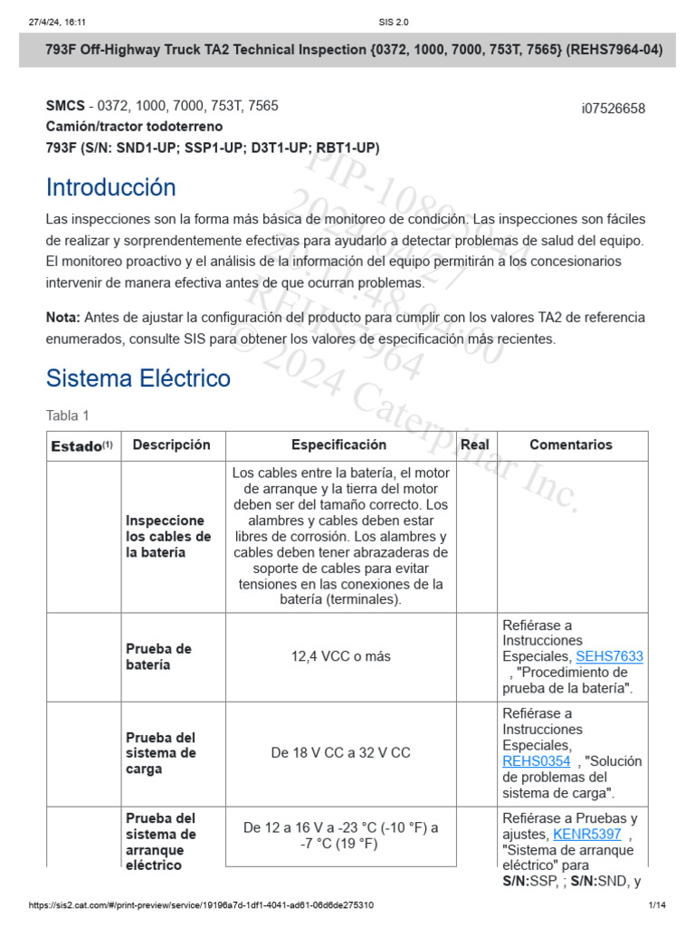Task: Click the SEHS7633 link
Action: (x=609, y=656)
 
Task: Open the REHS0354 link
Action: (x=537, y=761)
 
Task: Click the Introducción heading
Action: (x=111, y=187)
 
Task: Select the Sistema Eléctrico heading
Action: (x=138, y=377)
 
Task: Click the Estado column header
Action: (x=81, y=445)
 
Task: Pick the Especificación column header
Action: (x=338, y=444)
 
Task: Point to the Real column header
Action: (x=475, y=444)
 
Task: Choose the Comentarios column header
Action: (x=571, y=444)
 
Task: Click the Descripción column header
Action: (x=171, y=444)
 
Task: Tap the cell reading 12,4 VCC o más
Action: (x=341, y=656)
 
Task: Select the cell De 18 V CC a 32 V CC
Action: (x=341, y=752)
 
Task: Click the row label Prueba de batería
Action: (x=159, y=656)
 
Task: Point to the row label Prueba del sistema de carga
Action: (x=161, y=753)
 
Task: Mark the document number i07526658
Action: (x=613, y=109)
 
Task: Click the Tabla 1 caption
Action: (x=68, y=416)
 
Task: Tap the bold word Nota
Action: (x=63, y=317)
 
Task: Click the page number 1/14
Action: (x=657, y=905)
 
